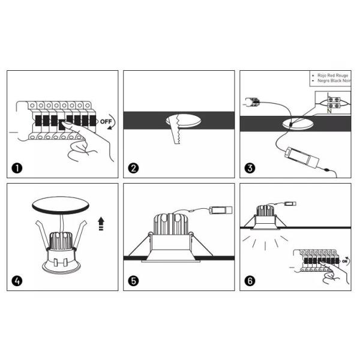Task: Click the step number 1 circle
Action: click(18, 167)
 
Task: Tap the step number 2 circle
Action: click(134, 167)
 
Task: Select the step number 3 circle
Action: click(251, 167)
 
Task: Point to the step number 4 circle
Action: click(18, 280)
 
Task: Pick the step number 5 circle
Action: click(134, 280)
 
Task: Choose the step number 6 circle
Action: click(251, 280)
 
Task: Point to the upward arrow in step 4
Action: click(100, 224)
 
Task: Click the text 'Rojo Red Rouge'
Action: click(332, 75)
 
